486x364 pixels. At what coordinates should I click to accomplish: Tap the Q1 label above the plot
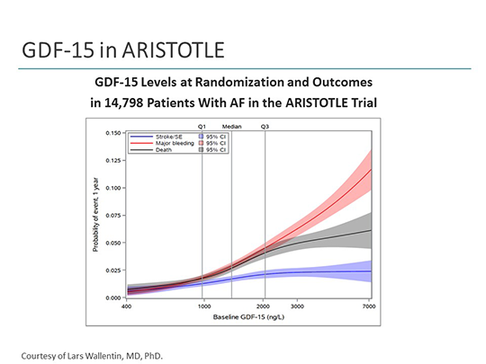pyautogui.click(x=202, y=127)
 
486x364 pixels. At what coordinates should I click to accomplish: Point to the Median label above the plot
pyautogui.click(x=231, y=127)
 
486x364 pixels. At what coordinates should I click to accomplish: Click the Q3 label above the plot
pyautogui.click(x=265, y=127)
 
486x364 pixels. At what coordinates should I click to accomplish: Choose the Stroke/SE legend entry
pyautogui.click(x=166, y=136)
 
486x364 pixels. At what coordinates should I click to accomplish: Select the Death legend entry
pyautogui.click(x=162, y=149)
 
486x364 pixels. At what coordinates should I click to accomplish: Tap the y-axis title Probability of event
pyautogui.click(x=94, y=216)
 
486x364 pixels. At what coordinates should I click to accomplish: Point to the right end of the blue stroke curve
pyautogui.click(x=371, y=271)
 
